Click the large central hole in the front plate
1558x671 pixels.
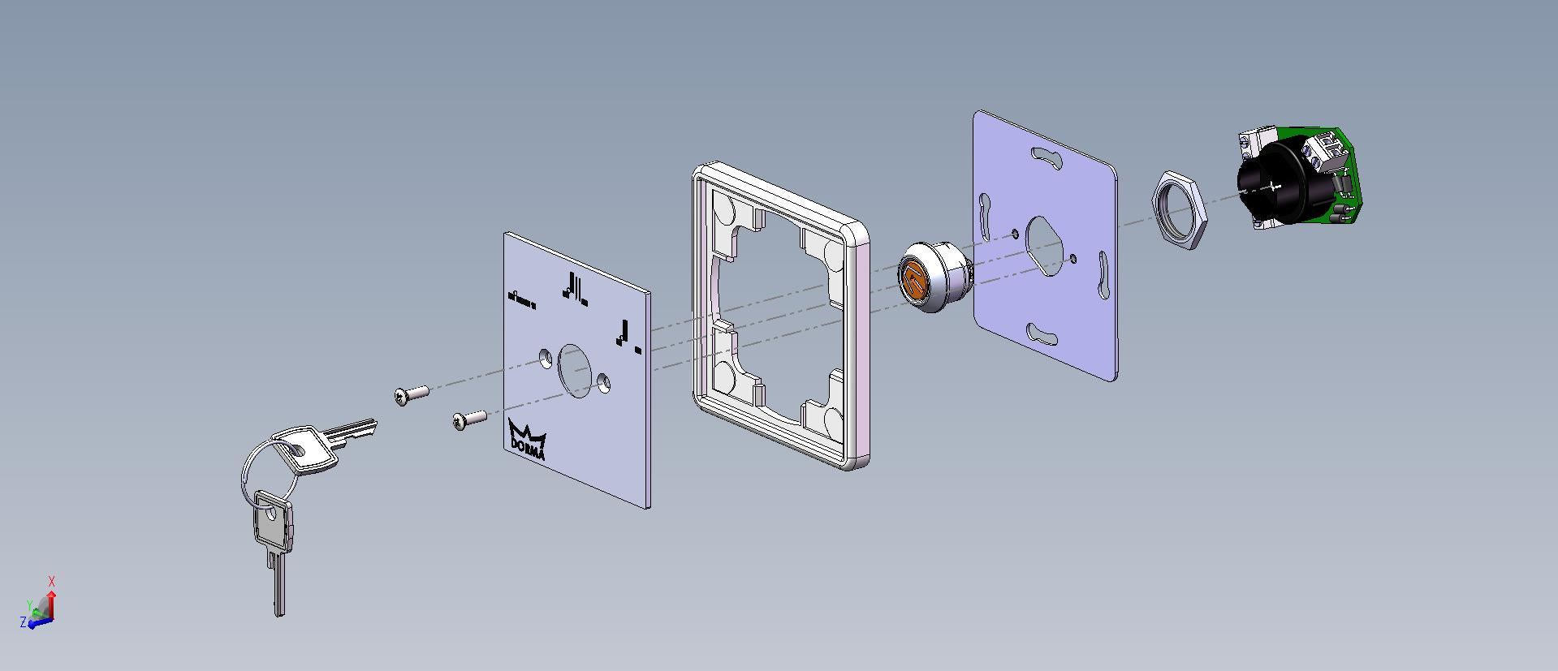pyautogui.click(x=576, y=371)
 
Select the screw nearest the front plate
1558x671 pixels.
pyautogui.click(x=469, y=419)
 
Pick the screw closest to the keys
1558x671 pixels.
pyautogui.click(x=412, y=394)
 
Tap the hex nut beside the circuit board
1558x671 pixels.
pyautogui.click(x=1180, y=209)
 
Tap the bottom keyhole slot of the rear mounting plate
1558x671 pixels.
pyautogui.click(x=1047, y=333)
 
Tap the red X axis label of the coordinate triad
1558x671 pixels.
pyautogui.click(x=52, y=582)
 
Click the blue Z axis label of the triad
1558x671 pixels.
pyautogui.click(x=24, y=622)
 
